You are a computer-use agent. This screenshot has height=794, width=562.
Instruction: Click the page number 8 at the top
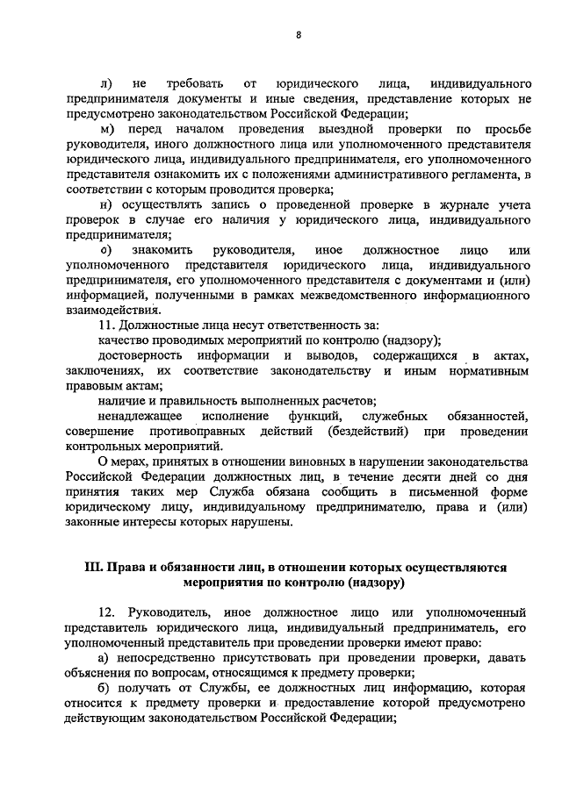[x=298, y=34]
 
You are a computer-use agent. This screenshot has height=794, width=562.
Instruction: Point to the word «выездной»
[x=347, y=130]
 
